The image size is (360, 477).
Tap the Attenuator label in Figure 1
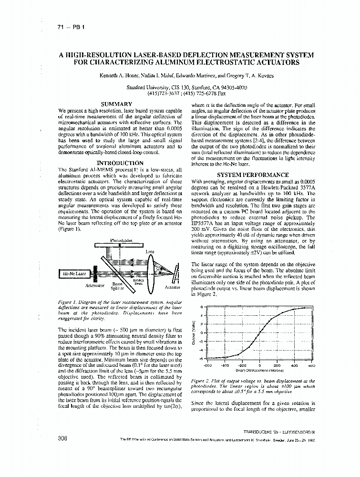point(95,285)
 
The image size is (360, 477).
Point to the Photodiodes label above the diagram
point(122,240)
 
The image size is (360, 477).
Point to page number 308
point(62,438)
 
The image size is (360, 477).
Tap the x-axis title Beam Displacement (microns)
point(260,370)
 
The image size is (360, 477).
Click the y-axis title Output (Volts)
point(194,333)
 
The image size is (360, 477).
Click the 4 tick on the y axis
point(202,315)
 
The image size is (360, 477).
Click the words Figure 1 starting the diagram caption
point(67,302)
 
